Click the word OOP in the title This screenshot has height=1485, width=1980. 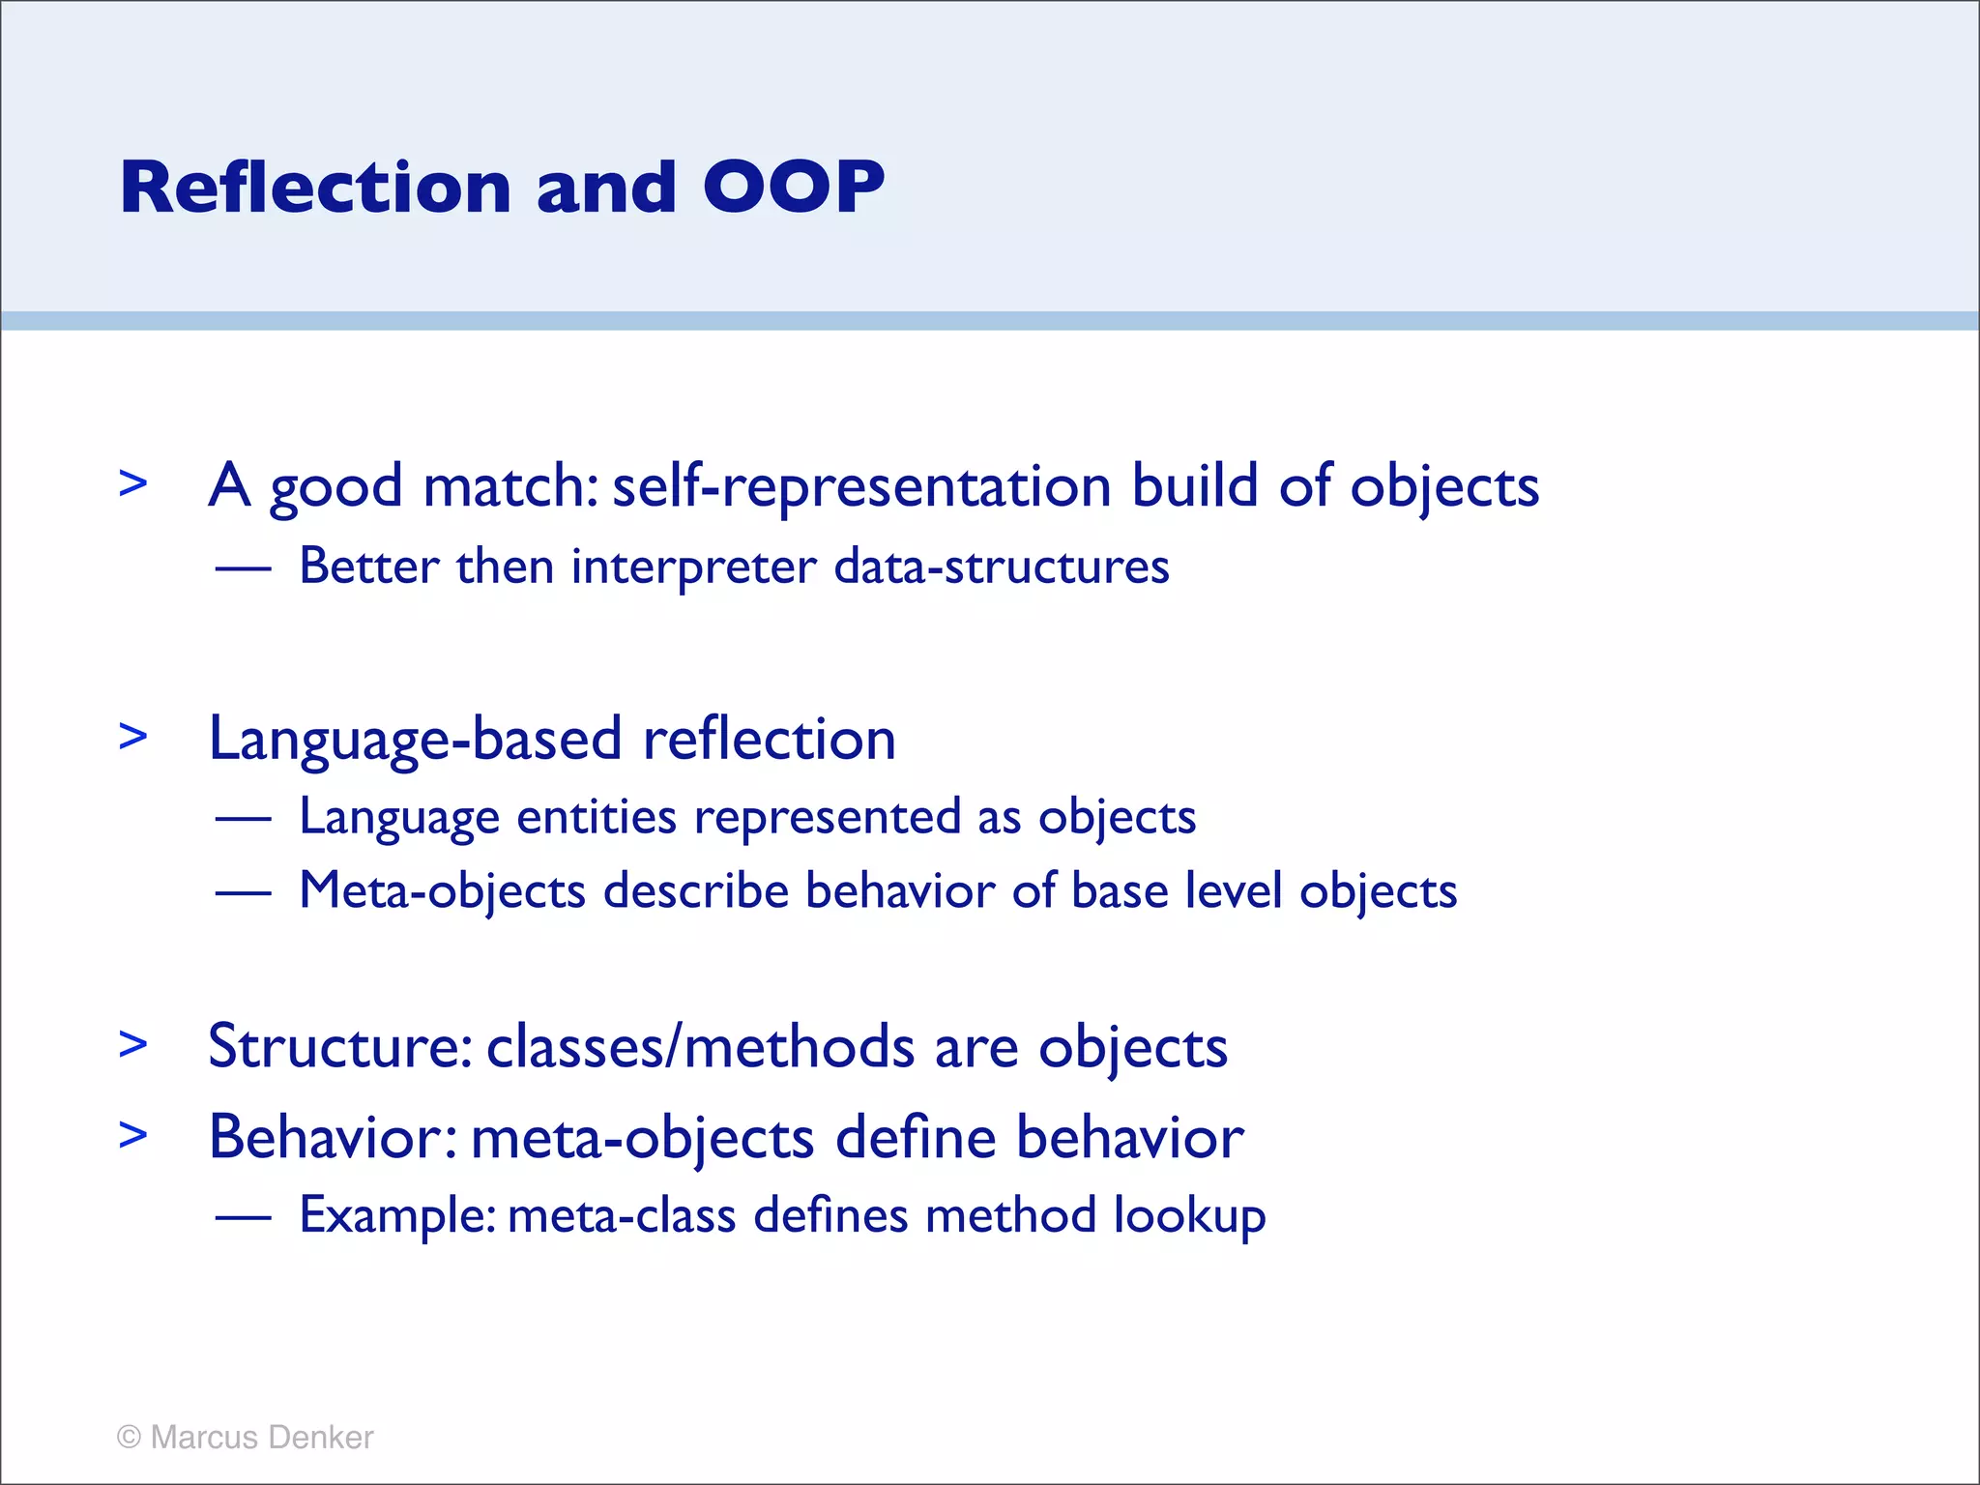click(x=793, y=187)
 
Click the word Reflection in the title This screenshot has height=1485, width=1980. click(x=315, y=187)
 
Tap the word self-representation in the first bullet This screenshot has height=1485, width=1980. click(x=861, y=486)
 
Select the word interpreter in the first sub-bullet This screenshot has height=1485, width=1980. click(x=693, y=568)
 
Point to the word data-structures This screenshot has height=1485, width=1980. click(x=1002, y=567)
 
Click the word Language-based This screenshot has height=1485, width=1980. click(x=416, y=740)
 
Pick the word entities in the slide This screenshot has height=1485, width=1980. click(x=596, y=818)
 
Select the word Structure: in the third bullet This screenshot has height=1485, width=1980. click(x=340, y=1047)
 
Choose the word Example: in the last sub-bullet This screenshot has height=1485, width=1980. click(x=397, y=1216)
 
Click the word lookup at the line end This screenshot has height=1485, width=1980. click(x=1189, y=1216)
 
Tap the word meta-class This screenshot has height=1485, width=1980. click(x=622, y=1216)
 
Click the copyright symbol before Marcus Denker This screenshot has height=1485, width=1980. click(x=129, y=1438)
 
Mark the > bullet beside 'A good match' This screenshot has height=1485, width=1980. click(x=133, y=482)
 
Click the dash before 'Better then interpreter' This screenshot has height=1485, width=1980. click(x=243, y=569)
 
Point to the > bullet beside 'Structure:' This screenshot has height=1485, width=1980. click(x=133, y=1044)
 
